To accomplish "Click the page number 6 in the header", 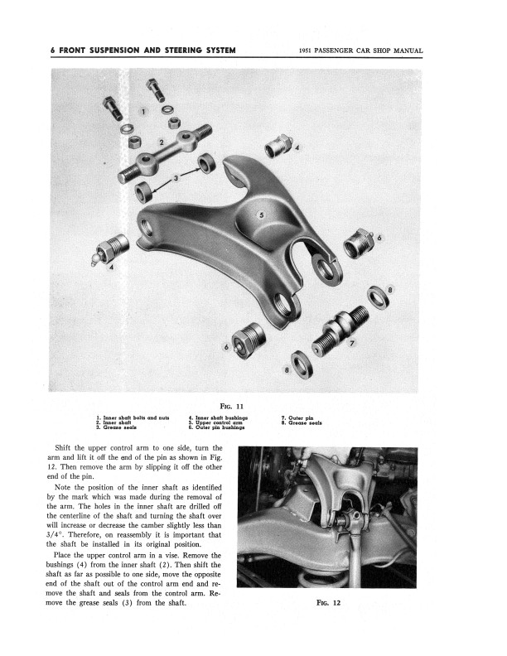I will [x=53, y=51].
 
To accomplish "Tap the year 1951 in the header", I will [x=307, y=51].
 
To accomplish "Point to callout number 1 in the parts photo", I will [x=142, y=109].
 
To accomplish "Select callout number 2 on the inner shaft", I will [x=162, y=141].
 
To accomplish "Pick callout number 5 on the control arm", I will [x=263, y=215].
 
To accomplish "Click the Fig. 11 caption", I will [x=254, y=407].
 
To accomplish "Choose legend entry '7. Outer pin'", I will [x=295, y=417].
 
